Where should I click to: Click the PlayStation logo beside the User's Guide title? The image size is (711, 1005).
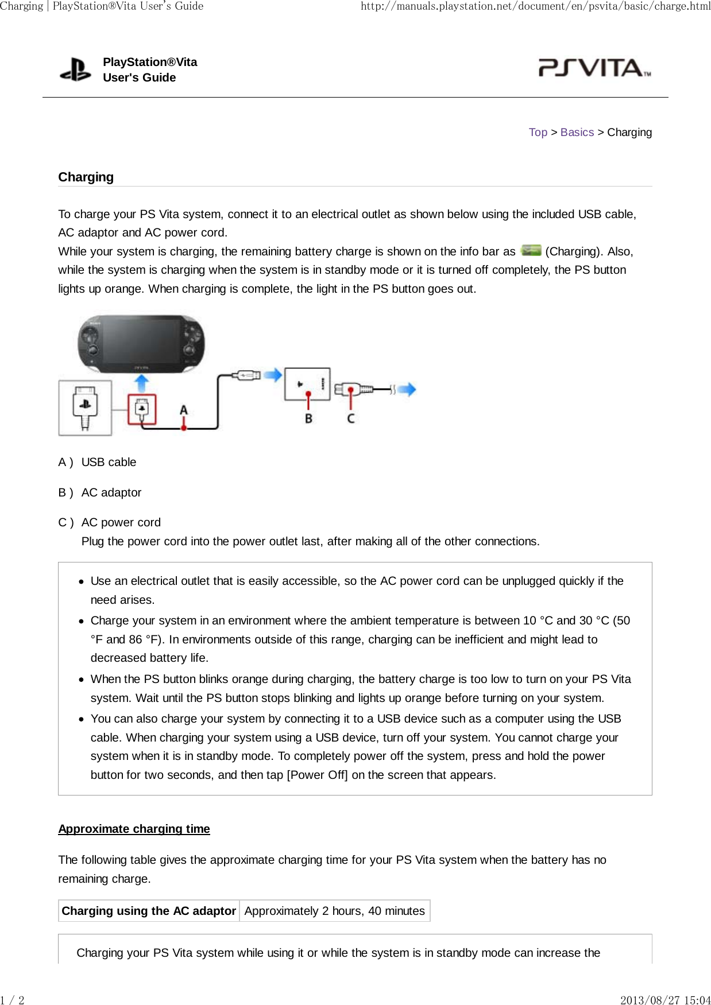pos(75,69)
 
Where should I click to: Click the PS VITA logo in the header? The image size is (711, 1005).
pos(594,68)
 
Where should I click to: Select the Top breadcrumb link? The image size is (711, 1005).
pos(538,133)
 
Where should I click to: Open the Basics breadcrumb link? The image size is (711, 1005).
pos(577,133)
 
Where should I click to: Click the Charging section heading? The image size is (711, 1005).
pos(86,177)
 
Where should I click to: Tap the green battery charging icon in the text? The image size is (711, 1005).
pos(531,251)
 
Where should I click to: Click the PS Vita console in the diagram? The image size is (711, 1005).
pos(141,343)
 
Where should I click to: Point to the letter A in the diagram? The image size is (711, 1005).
pos(184,410)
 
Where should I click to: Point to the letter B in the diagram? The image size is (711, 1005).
pos(308,418)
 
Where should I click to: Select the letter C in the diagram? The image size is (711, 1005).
pos(351,418)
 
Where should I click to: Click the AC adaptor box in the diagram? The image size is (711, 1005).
pos(307,383)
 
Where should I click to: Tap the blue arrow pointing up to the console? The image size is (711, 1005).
pos(141,383)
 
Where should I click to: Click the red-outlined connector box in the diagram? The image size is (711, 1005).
pos(141,409)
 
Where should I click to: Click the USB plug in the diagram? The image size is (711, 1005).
pos(246,375)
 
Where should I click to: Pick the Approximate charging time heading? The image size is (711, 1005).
pos(134,829)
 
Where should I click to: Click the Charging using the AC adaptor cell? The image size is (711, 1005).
pos(149,911)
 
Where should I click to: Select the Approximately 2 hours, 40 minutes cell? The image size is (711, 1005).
pos(334,911)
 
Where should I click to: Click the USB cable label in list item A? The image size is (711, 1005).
pos(109,463)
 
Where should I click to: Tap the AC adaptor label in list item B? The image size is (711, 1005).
pos(111,492)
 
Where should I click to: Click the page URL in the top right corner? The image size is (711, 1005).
pos(535,6)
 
